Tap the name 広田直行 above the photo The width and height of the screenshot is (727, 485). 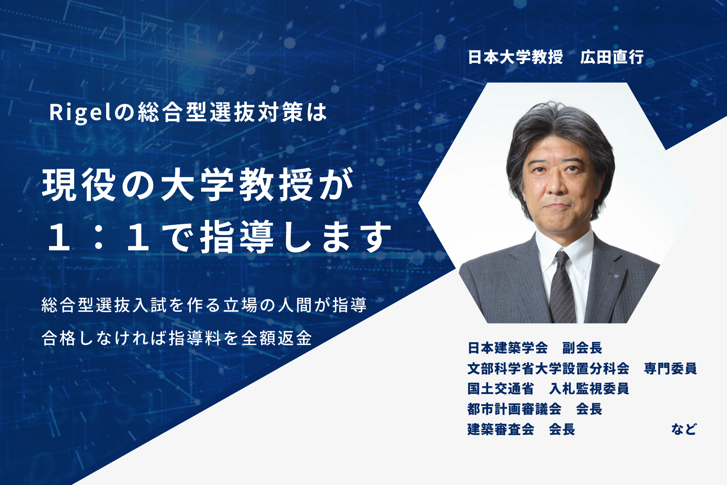click(x=612, y=57)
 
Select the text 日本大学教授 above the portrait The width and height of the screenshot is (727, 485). click(x=515, y=57)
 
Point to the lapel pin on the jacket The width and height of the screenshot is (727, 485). click(x=616, y=276)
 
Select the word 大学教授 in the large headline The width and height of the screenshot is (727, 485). click(x=237, y=184)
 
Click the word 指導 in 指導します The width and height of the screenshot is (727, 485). click(x=237, y=237)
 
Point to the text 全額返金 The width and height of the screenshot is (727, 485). click(x=277, y=338)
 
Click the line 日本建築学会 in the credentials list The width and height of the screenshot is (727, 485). click(x=507, y=348)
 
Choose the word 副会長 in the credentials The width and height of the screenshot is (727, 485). click(x=582, y=348)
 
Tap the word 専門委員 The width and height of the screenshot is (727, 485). click(x=670, y=369)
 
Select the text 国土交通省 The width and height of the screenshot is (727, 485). click(x=501, y=389)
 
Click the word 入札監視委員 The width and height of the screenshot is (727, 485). click(x=589, y=389)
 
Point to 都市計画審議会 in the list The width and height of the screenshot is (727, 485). click(x=514, y=409)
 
